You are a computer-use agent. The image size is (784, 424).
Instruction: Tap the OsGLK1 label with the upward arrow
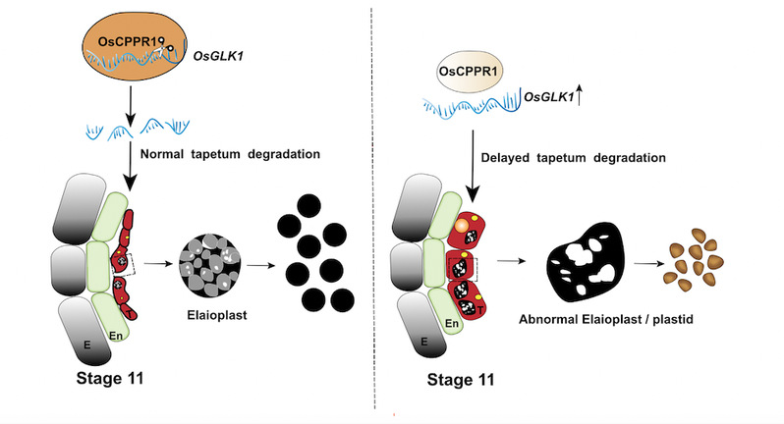pyautogui.click(x=552, y=98)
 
